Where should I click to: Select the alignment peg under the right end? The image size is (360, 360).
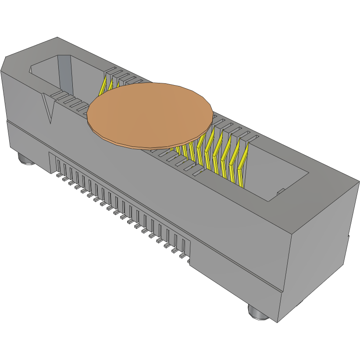(258, 312)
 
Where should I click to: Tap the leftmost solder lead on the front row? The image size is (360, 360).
(58, 175)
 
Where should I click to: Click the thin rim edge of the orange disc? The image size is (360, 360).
(145, 146)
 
